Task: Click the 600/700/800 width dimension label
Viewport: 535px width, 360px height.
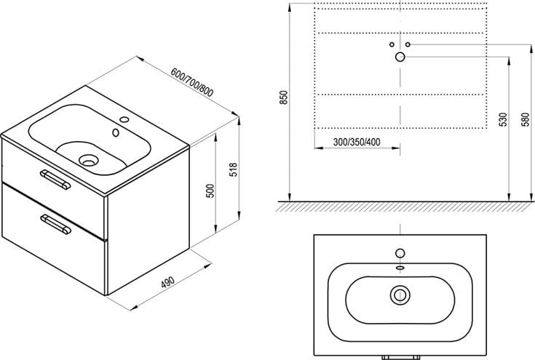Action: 191,82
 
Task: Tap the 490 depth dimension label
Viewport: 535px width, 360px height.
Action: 168,282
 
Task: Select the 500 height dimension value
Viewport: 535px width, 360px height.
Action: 211,191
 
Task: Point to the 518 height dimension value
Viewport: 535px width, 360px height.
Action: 234,169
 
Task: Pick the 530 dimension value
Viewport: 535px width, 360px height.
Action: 504,119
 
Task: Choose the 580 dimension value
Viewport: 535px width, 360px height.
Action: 526,119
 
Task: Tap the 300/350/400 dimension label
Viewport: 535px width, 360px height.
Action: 357,142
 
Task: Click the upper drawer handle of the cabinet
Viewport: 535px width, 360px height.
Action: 55,180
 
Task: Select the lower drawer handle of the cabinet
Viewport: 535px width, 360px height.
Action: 55,224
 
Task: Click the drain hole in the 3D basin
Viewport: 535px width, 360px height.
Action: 88,160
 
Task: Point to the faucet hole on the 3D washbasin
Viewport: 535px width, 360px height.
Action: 125,120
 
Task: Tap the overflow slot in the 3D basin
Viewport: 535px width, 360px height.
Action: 116,132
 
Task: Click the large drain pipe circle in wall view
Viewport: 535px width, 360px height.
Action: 400,57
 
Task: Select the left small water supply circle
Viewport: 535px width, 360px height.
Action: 392,44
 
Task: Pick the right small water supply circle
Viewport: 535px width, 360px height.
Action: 408,44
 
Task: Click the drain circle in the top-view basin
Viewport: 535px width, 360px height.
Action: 400,295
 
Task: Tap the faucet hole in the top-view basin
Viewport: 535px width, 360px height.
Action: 400,253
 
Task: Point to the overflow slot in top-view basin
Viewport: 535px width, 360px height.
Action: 400,268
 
